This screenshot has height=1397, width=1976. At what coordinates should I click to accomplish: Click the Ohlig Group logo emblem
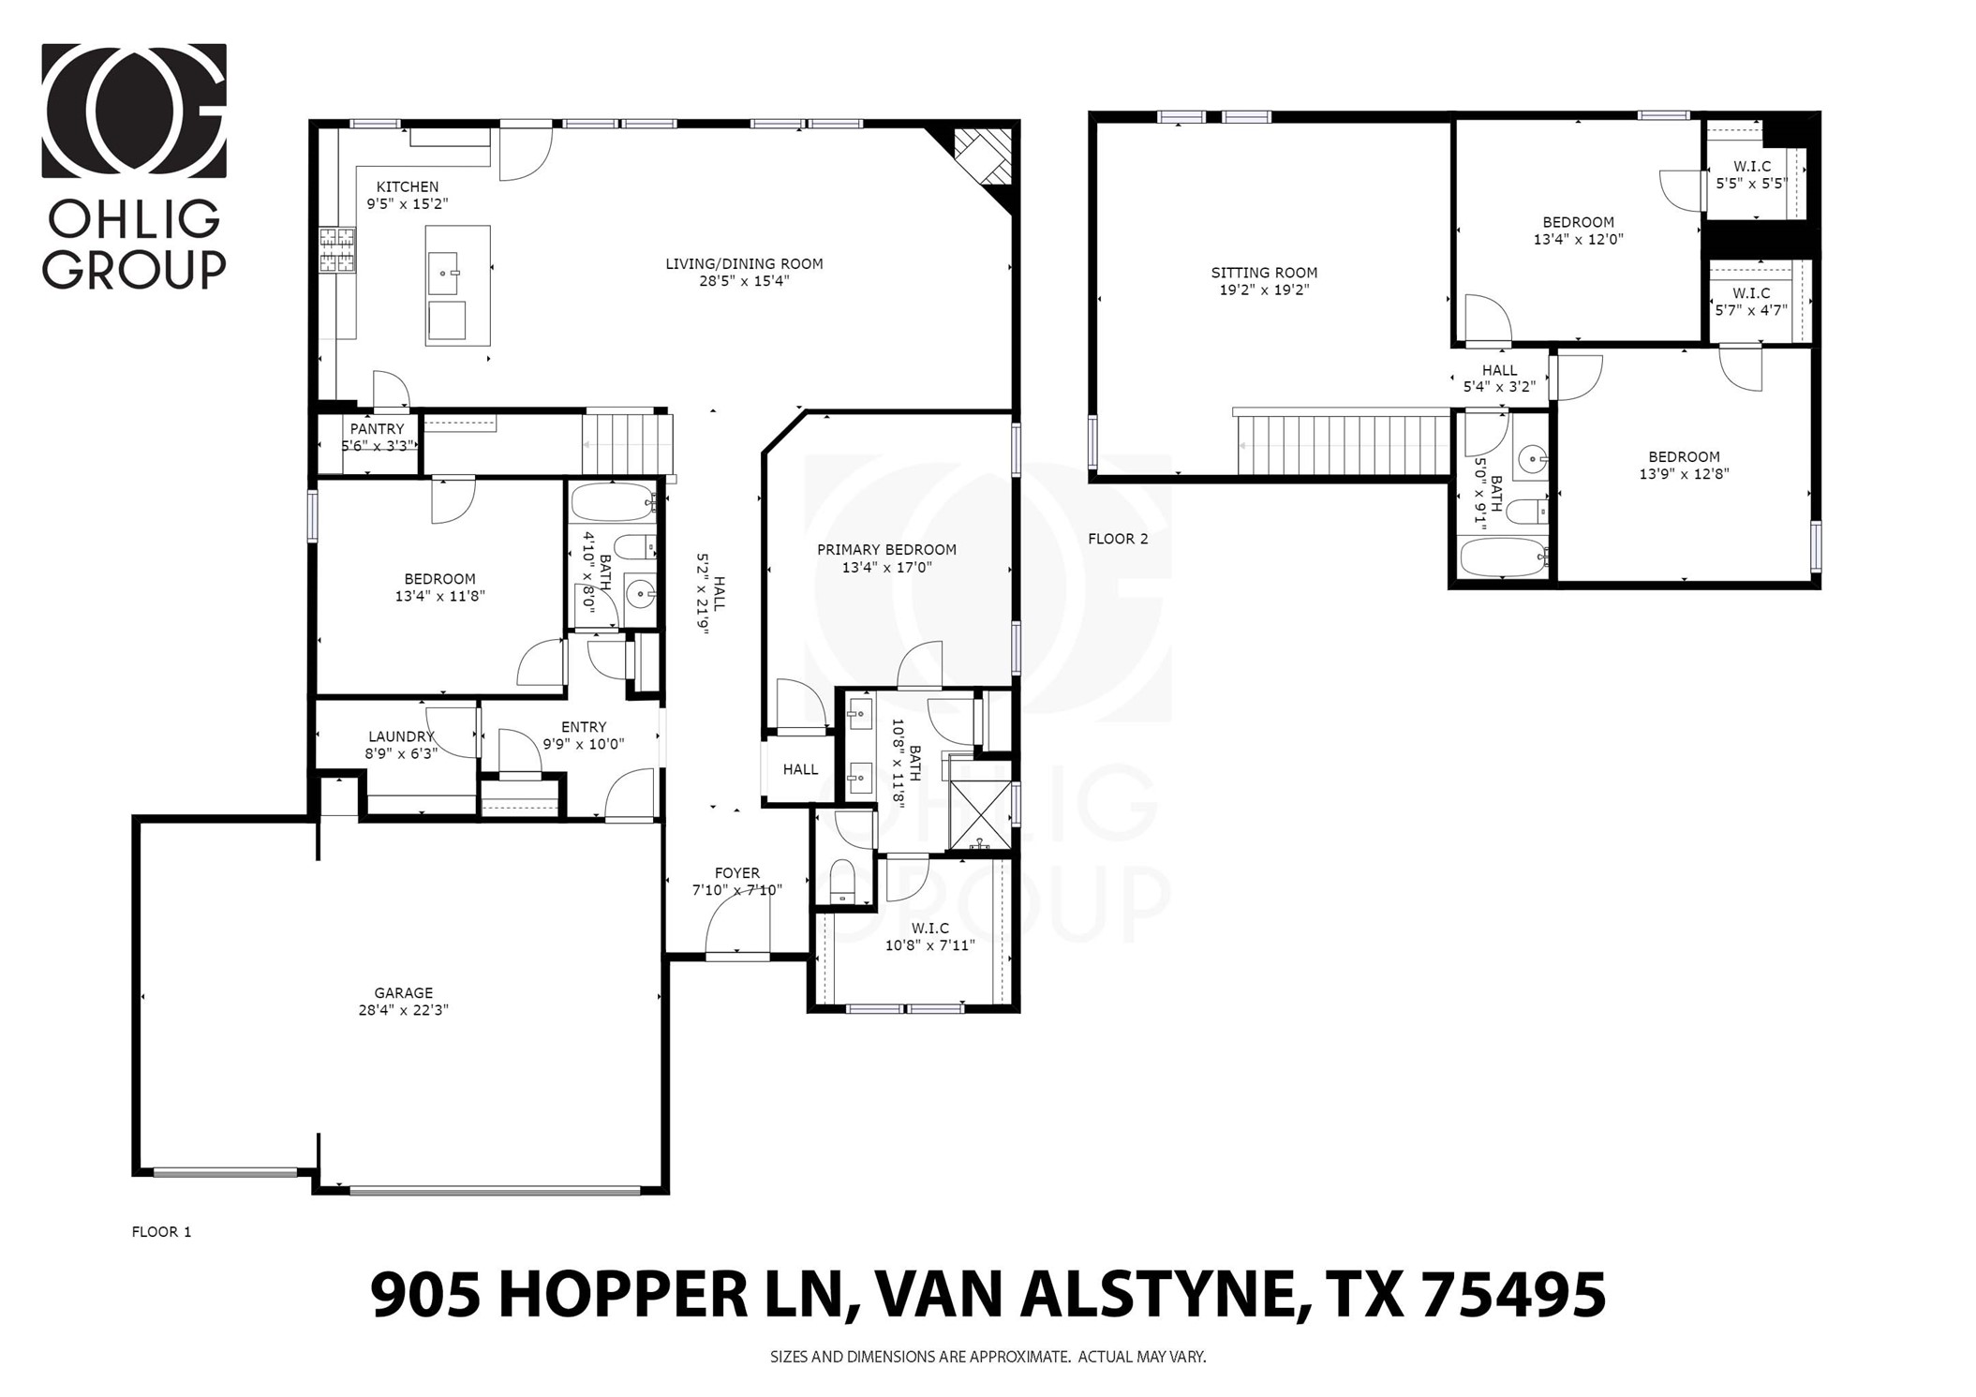[x=133, y=110]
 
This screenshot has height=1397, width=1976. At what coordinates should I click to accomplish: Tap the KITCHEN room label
[x=407, y=186]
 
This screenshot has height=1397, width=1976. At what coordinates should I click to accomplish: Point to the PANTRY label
[x=377, y=429]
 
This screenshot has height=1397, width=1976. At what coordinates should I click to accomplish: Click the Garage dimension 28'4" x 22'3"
[x=403, y=1010]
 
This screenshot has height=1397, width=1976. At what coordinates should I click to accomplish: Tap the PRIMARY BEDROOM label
[x=885, y=550]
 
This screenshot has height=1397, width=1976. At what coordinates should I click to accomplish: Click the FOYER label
[x=736, y=873]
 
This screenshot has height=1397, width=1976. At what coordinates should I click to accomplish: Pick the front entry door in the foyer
[x=737, y=954]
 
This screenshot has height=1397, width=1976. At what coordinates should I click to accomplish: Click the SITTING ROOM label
[x=1263, y=273]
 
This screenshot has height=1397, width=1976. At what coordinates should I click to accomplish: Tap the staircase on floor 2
[x=1343, y=446]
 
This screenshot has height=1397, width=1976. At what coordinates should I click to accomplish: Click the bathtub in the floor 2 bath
[x=1502, y=557]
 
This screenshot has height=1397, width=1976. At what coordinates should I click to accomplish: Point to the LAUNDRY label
[x=401, y=736]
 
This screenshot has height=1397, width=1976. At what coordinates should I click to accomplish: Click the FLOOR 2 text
[x=1117, y=539]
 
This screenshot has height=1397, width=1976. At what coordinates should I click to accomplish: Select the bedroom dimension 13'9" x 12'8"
[x=1683, y=474]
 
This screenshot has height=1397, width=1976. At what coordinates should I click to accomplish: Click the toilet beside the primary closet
[x=842, y=881]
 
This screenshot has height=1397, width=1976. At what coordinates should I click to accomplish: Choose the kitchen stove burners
[x=337, y=250]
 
